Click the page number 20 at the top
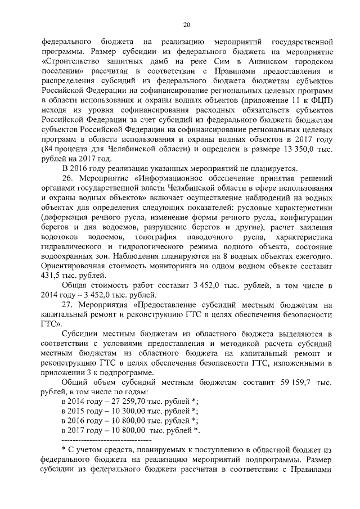187,24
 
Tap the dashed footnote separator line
106,439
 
